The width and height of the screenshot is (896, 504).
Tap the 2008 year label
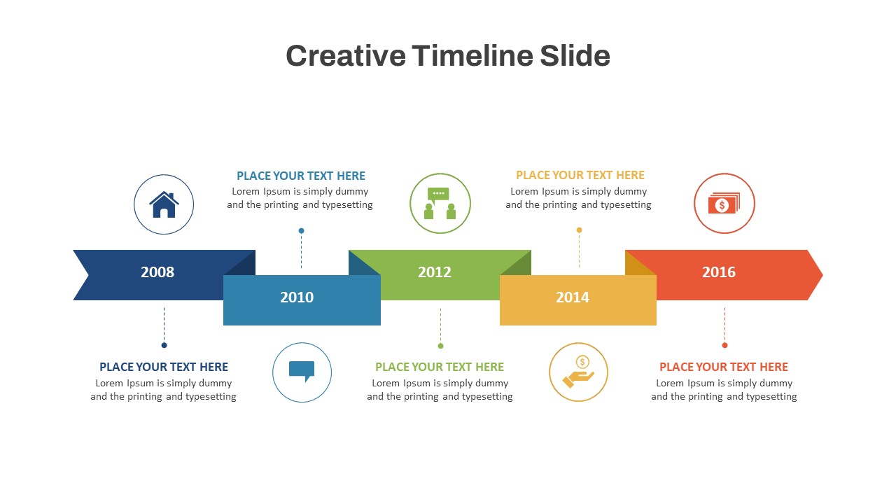pos(157,272)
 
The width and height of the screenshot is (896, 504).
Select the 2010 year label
pos(297,297)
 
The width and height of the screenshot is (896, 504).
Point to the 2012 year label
pos(435,272)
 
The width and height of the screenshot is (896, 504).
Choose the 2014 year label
pos(573,297)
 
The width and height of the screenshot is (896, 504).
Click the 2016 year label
pos(719,272)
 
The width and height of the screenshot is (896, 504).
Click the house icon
pos(164,204)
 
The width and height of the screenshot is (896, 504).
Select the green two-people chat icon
pos(440,204)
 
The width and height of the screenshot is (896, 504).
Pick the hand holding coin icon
pos(578,372)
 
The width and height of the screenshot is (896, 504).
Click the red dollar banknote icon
pos(724,204)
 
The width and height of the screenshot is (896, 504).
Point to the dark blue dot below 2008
pos(164,345)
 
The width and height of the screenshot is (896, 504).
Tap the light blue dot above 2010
pos(301,230)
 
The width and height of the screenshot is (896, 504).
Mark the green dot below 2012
pos(440,346)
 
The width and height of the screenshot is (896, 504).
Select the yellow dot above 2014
pos(579,230)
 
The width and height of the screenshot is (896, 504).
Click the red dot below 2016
pos(724,345)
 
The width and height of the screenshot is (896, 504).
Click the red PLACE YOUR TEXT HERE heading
pos(724,367)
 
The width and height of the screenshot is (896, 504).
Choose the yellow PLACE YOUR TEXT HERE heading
pos(580,175)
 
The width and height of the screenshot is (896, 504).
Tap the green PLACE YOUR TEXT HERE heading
pos(440,367)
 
